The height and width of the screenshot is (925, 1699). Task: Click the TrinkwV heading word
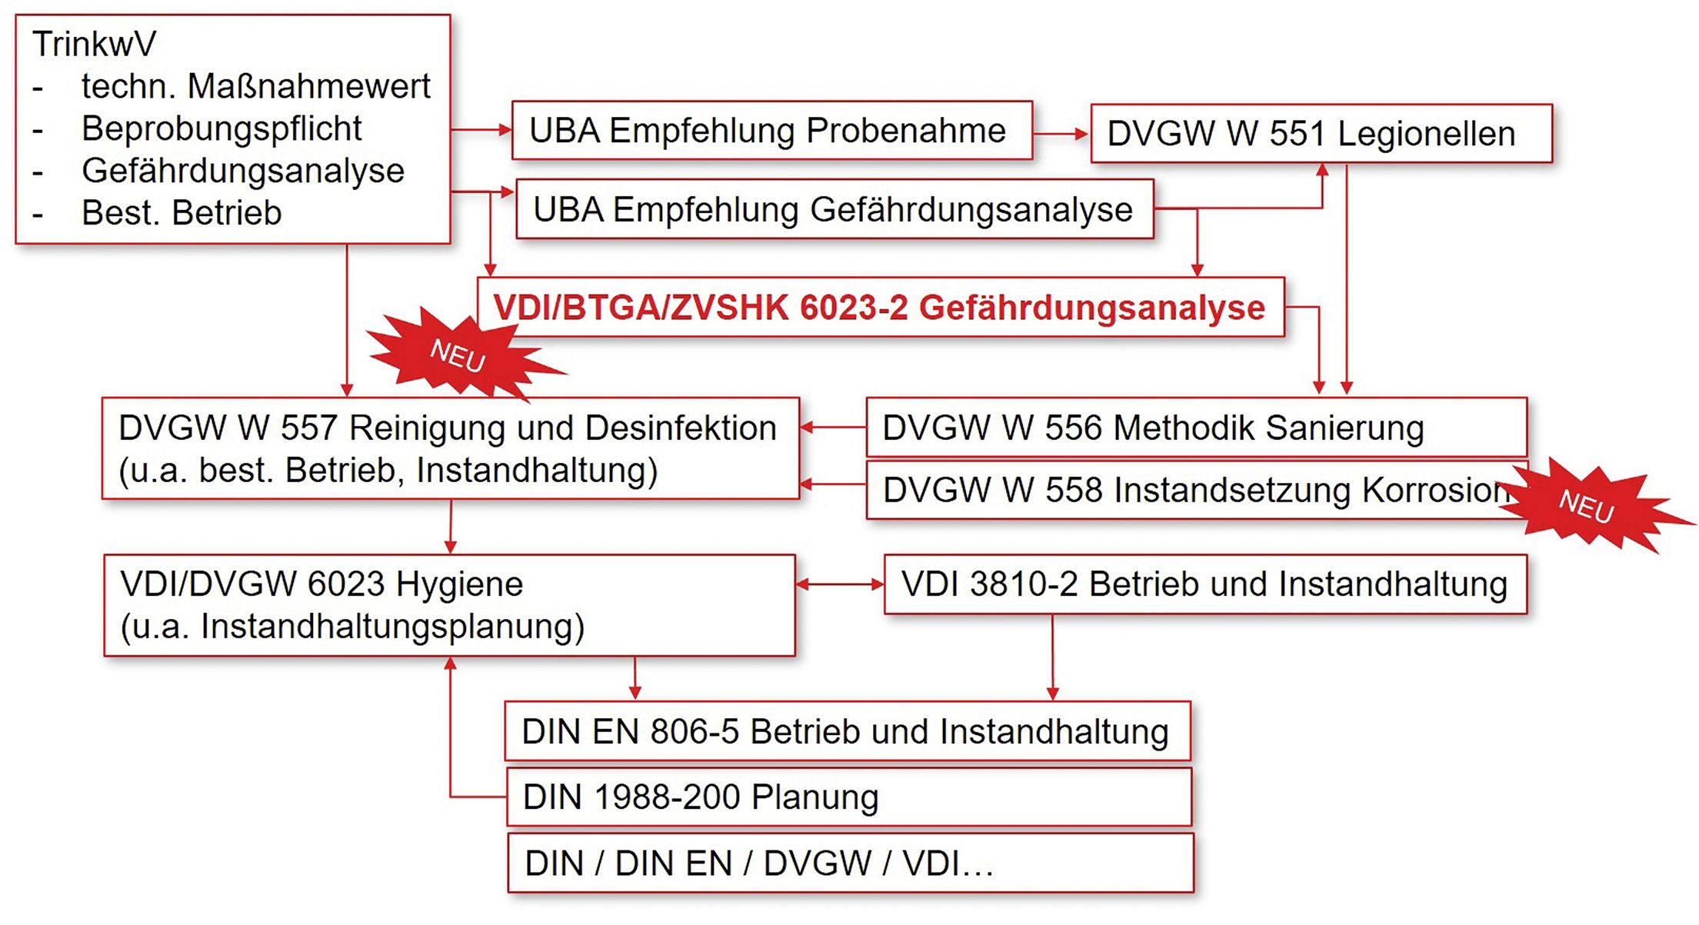(x=94, y=44)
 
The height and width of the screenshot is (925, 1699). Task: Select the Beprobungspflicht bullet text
(x=222, y=128)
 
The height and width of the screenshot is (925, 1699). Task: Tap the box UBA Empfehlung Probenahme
(x=772, y=131)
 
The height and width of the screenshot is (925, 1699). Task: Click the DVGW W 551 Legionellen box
(x=1321, y=134)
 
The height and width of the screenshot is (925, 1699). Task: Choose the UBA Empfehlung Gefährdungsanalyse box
(x=835, y=209)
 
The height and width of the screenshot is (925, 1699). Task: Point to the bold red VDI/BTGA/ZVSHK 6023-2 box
(x=881, y=307)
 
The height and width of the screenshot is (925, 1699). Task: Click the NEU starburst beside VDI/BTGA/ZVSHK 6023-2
(x=461, y=354)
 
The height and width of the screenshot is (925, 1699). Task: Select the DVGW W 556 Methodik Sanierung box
(x=1197, y=428)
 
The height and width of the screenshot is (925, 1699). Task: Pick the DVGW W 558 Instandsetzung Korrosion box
(x=1197, y=490)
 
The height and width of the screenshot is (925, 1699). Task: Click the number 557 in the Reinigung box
(x=308, y=428)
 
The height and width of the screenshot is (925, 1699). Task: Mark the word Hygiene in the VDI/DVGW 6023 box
(x=459, y=584)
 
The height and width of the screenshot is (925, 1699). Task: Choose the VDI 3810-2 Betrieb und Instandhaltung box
(x=1205, y=584)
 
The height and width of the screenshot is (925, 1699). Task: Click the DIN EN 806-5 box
(x=848, y=731)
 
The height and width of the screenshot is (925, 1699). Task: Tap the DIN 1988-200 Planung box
(x=849, y=797)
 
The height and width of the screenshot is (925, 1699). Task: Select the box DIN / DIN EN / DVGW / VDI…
(x=851, y=863)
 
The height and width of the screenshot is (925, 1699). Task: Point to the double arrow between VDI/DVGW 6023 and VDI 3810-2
(x=840, y=584)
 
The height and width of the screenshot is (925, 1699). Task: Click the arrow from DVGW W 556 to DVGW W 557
(x=833, y=428)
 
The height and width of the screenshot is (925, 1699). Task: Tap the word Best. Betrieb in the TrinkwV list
(x=182, y=213)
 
